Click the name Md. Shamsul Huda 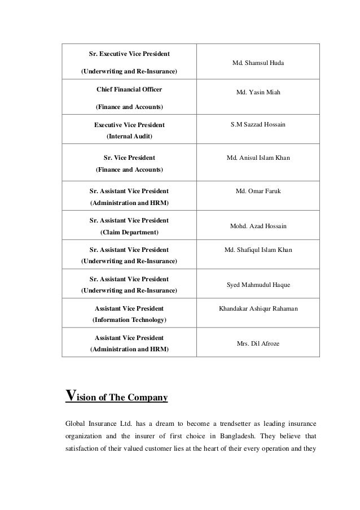click(x=258, y=63)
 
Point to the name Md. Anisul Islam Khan click(x=258, y=158)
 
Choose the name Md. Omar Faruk click(x=258, y=191)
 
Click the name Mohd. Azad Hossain click(x=258, y=226)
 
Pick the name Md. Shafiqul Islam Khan click(x=258, y=249)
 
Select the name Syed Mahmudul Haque click(x=258, y=285)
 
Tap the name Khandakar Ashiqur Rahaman click(x=258, y=308)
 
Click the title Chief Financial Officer click(x=129, y=89)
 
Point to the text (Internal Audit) click(x=129, y=136)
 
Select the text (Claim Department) click(x=129, y=232)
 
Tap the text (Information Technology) click(x=129, y=320)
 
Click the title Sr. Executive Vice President click(x=129, y=54)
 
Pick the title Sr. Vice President click(x=129, y=158)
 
